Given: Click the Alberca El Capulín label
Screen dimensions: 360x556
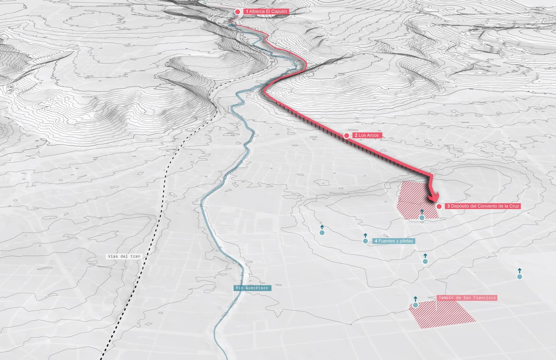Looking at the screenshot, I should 266,12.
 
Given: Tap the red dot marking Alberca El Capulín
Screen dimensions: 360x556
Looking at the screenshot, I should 238,12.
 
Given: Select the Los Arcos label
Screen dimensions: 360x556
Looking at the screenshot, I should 368,135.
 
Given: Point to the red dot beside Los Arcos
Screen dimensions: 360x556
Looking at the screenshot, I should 346,135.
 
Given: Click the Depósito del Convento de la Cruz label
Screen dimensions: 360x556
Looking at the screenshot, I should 483,206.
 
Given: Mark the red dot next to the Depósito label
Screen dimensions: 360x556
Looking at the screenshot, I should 439,206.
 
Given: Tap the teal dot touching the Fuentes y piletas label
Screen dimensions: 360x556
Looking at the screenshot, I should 365,241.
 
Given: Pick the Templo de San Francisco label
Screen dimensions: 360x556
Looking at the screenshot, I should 467,298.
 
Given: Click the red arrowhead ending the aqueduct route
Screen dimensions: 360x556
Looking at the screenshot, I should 433,197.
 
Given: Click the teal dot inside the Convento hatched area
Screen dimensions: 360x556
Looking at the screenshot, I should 422,218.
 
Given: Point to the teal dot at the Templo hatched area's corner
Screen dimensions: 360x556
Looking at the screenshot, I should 415,305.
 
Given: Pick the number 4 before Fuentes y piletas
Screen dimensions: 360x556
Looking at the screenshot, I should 376,241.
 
